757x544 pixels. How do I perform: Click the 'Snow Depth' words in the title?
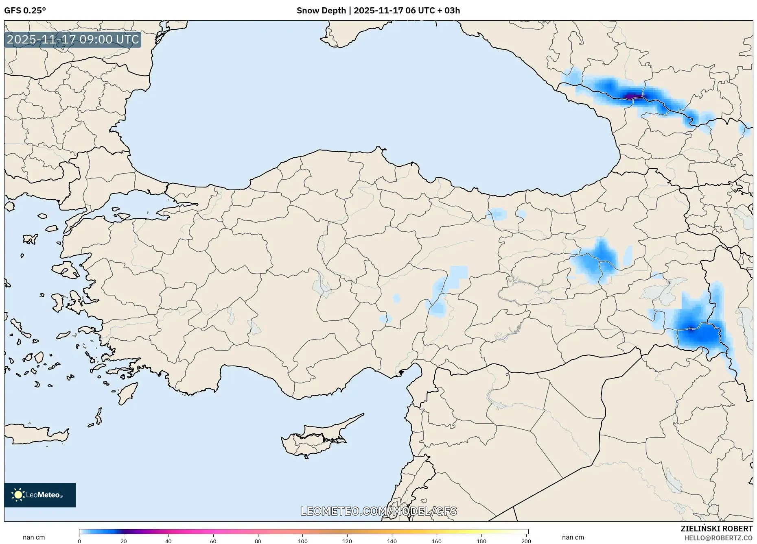point(321,11)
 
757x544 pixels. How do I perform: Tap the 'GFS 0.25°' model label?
point(25,11)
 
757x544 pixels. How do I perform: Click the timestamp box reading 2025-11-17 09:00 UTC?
point(73,39)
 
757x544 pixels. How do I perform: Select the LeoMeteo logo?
point(40,495)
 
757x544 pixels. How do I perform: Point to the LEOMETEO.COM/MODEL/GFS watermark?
point(378,511)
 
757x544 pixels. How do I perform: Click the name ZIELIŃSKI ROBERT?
point(716,529)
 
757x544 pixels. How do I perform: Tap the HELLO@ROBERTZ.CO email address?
point(718,538)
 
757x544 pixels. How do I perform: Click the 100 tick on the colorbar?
point(303,541)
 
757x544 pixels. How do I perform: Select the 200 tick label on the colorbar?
point(526,541)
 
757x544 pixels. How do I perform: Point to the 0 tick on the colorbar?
point(79,541)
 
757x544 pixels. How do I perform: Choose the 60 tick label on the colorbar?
point(213,541)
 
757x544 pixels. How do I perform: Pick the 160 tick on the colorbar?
point(437,541)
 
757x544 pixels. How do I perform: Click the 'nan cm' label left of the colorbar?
point(34,537)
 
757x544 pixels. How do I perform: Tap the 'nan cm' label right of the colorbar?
point(573,537)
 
